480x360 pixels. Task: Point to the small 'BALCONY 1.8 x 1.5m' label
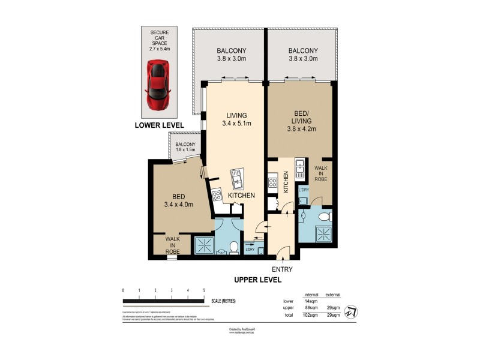click(185, 147)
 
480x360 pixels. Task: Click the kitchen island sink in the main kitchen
click(236, 178)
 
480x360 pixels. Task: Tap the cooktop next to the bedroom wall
click(217, 196)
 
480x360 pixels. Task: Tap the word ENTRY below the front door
click(282, 269)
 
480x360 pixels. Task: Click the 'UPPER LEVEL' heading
click(257, 280)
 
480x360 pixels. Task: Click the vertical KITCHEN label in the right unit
click(286, 181)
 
